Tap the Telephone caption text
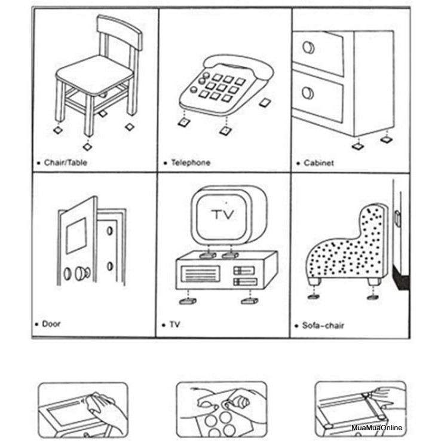click(x=191, y=163)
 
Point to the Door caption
click(x=51, y=324)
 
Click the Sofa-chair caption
click(x=323, y=326)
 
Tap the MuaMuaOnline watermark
click(x=377, y=428)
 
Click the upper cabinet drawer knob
click(x=308, y=47)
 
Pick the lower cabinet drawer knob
click(x=308, y=93)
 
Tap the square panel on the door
click(x=75, y=235)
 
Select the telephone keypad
click(x=222, y=86)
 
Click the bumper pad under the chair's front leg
click(x=88, y=146)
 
